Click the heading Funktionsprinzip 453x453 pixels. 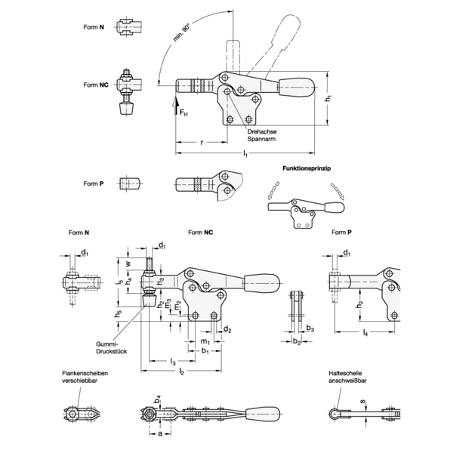click(x=307, y=168)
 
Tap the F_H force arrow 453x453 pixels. click(x=176, y=106)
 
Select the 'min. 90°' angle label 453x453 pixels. click(x=182, y=33)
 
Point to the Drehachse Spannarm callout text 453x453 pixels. click(x=262, y=135)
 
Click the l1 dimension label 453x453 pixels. click(x=245, y=153)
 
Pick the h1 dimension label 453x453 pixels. click(x=328, y=98)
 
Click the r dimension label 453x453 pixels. click(x=202, y=142)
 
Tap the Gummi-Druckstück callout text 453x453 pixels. click(x=112, y=348)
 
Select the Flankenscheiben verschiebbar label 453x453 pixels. click(x=85, y=377)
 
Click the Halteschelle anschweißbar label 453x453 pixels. click(x=347, y=377)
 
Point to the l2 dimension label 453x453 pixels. click(x=181, y=371)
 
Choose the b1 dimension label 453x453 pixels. click(x=205, y=351)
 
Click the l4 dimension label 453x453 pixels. click(x=365, y=332)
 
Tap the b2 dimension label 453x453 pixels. click(x=297, y=341)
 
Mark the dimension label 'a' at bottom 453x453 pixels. click(x=160, y=433)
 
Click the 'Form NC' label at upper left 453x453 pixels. click(x=96, y=85)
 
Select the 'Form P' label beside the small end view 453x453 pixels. click(x=94, y=183)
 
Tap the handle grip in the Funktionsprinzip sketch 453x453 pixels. click(x=334, y=207)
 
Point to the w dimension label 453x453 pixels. click(x=129, y=263)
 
